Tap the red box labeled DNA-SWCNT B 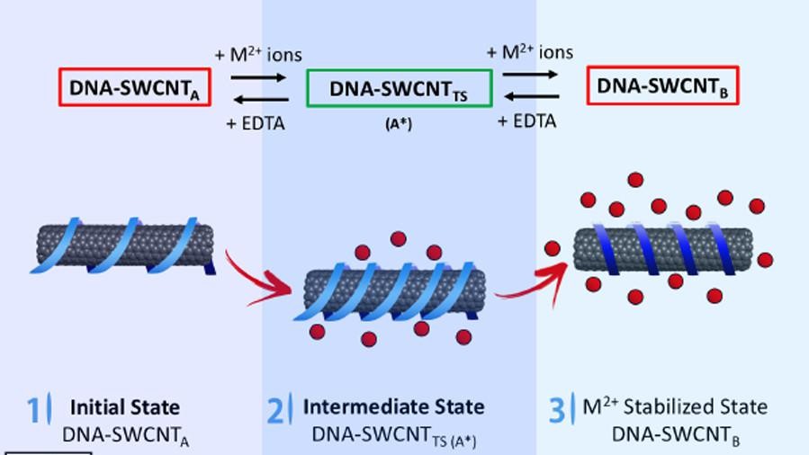(x=663, y=85)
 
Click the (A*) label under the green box (x=398, y=125)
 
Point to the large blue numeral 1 (x=33, y=410)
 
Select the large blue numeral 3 (x=557, y=410)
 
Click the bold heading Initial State (x=124, y=406)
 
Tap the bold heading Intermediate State (x=393, y=406)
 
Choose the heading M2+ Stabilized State (x=675, y=406)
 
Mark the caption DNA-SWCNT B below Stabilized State (x=675, y=433)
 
